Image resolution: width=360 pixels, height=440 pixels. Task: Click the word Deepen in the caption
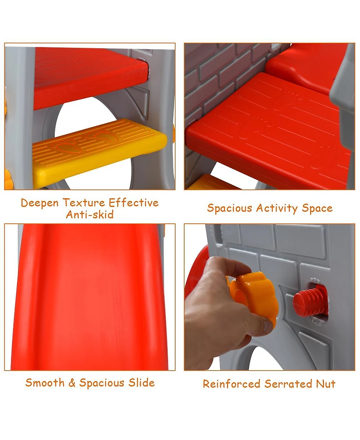point(40,203)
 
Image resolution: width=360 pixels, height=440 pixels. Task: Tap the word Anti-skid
point(90,215)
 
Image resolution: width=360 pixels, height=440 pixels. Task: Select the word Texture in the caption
point(84,202)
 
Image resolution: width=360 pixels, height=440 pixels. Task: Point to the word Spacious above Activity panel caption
point(229,209)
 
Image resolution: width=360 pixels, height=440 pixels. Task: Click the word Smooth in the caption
point(45,383)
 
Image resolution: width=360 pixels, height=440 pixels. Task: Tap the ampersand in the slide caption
point(72,383)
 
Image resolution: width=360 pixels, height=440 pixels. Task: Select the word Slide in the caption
point(142,383)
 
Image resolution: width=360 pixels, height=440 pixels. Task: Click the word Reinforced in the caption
point(232,384)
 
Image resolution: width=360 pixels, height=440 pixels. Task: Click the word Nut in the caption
point(326,384)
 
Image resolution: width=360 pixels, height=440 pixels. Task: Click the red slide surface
point(90,297)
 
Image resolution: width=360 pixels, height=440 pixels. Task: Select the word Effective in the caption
point(134,202)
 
